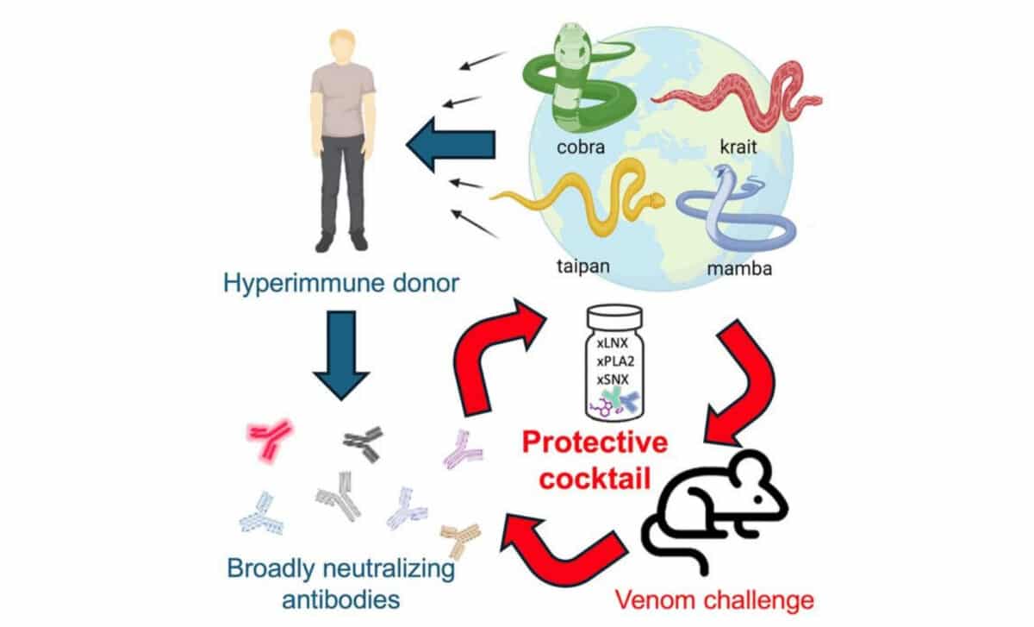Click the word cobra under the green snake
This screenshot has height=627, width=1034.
tap(580, 146)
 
